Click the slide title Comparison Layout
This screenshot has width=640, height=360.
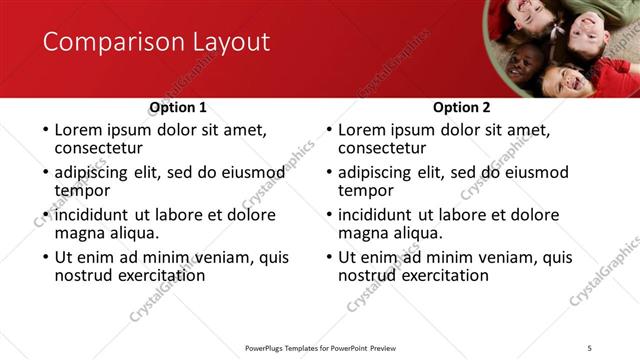point(156,42)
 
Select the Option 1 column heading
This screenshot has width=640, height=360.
point(178,107)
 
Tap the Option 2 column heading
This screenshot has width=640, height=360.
point(461,107)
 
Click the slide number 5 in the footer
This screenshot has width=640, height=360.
point(590,347)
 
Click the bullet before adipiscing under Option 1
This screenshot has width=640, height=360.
point(44,173)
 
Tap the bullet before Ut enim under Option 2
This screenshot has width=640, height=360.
point(328,257)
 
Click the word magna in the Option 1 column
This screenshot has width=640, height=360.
point(80,234)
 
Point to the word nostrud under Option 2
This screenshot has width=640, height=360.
point(366,275)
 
